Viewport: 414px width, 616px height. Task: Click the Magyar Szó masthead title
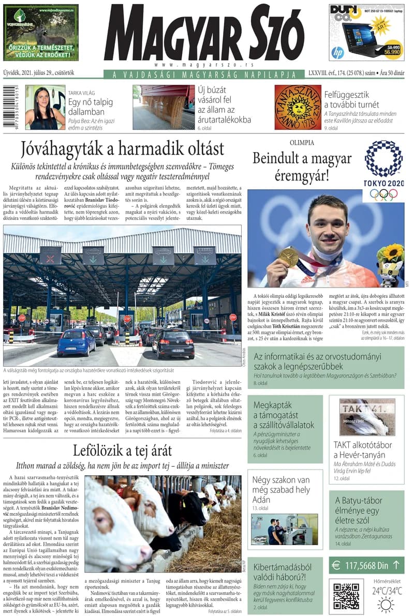pos(205,35)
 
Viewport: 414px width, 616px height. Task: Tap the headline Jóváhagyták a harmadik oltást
pos(123,149)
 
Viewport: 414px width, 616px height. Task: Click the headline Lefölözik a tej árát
pos(122,450)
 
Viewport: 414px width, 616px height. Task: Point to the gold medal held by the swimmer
pos(288,257)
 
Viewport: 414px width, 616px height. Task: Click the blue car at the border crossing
pos(76,342)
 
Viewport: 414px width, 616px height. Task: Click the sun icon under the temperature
pos(386,604)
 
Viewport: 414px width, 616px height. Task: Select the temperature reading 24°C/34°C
pos(386,590)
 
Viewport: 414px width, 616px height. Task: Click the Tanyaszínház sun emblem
pos(298,107)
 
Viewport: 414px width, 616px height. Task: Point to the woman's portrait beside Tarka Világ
pos(45,107)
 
